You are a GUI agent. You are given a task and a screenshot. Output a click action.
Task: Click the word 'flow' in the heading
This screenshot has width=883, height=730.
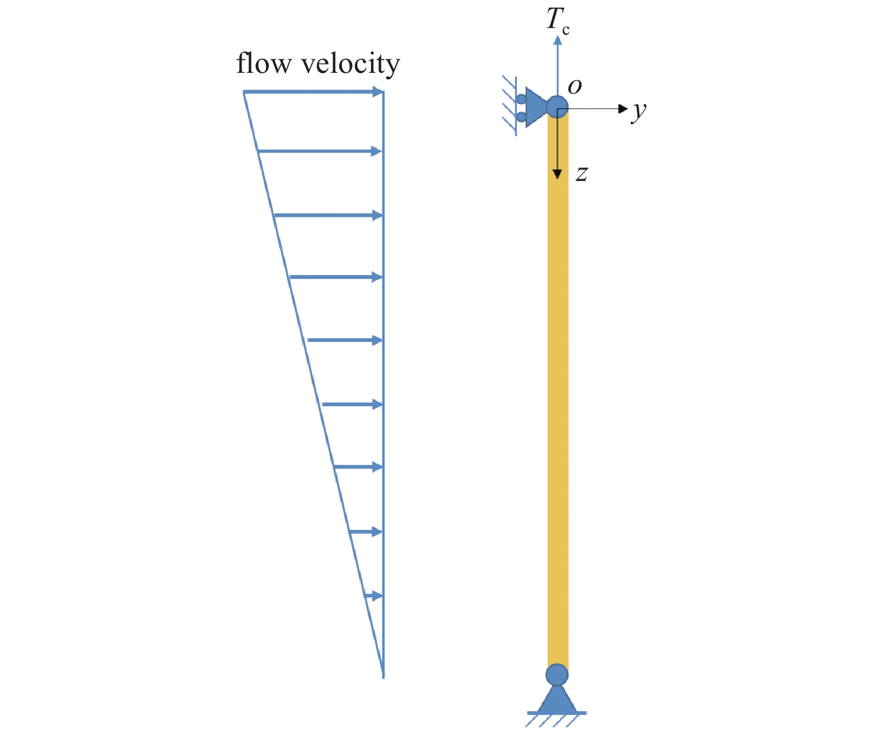(x=263, y=63)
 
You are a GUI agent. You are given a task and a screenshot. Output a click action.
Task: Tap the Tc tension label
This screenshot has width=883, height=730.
(x=557, y=20)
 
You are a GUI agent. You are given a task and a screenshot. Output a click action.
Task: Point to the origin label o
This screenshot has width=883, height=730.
(x=575, y=86)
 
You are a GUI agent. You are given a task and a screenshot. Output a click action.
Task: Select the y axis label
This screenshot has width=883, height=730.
(x=639, y=111)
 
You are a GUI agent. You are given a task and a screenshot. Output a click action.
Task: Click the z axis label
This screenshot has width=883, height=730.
(x=582, y=174)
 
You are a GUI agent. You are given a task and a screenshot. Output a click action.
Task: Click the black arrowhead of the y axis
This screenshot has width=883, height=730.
(x=622, y=109)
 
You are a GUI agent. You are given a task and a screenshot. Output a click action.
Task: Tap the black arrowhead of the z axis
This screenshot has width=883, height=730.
(x=557, y=174)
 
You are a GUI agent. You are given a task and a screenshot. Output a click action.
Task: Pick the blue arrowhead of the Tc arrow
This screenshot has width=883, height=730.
(x=557, y=40)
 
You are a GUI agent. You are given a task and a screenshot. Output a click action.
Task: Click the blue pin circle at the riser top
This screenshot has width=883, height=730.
(x=557, y=106)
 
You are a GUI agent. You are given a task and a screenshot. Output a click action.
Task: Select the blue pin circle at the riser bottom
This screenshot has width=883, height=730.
(x=557, y=675)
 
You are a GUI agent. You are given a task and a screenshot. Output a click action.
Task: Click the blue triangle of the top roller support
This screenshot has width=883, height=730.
(x=535, y=107)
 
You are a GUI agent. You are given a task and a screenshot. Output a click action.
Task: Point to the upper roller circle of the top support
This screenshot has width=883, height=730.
(x=521, y=99)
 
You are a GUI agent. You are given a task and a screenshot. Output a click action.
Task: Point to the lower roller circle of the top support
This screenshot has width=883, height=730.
(x=521, y=117)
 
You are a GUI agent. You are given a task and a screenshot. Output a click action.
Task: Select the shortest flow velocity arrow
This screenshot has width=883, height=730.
(x=373, y=596)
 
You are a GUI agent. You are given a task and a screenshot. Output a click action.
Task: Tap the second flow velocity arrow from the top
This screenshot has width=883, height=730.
(x=320, y=151)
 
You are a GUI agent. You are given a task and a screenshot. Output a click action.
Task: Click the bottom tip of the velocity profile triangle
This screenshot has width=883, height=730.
(x=383, y=675)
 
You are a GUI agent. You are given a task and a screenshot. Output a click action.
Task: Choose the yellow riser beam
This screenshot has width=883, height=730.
(x=558, y=392)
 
